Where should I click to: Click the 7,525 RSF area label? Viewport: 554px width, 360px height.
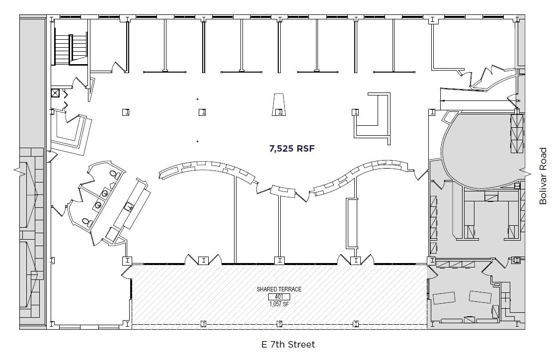[x=293, y=148]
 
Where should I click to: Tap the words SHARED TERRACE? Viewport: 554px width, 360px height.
[x=279, y=289]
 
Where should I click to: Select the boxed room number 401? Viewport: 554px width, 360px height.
[x=279, y=296]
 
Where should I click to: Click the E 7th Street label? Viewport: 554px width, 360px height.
[x=288, y=344]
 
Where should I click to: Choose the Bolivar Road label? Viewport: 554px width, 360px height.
[x=543, y=175]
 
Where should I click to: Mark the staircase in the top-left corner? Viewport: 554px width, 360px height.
[x=70, y=49]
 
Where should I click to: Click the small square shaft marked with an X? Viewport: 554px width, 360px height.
[x=55, y=93]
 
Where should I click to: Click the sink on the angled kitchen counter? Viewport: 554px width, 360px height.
[x=129, y=206]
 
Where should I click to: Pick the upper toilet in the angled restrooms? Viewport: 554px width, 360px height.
[x=114, y=174]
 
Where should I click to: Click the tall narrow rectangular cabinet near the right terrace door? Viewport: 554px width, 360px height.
[x=352, y=223]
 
